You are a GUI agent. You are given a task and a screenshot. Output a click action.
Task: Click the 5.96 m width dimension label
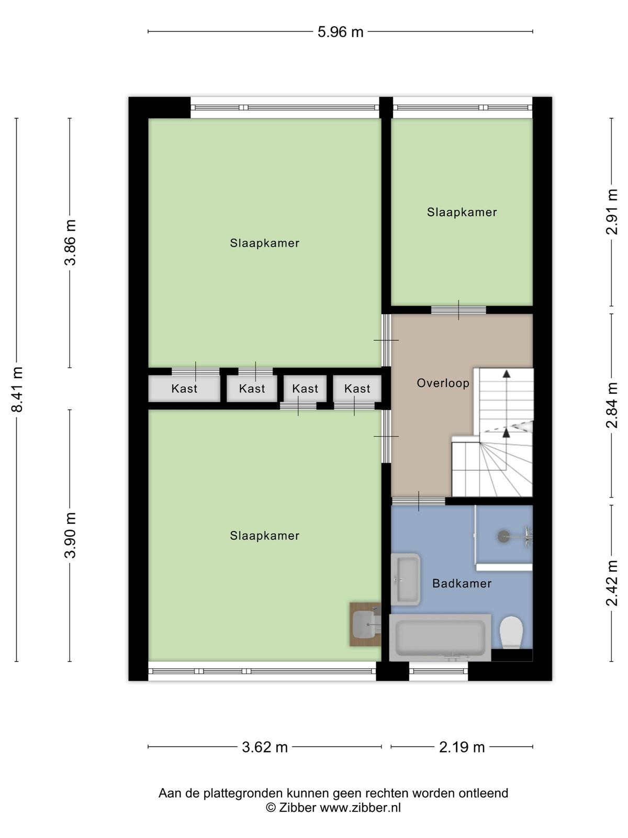(340, 32)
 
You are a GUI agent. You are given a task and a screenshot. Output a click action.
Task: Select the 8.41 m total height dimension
(17, 390)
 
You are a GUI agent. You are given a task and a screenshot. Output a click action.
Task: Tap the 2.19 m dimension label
(462, 747)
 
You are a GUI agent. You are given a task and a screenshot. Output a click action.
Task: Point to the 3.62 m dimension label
(265, 747)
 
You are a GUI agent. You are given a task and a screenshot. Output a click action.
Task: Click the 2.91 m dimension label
(612, 212)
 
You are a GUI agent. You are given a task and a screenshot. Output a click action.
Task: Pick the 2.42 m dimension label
(612, 583)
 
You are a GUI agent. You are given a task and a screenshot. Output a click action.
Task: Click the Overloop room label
(443, 383)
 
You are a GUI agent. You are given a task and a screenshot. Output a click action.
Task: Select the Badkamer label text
(462, 583)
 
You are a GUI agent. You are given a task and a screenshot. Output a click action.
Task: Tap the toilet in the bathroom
(511, 632)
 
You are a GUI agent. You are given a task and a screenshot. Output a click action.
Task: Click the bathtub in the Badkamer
(441, 637)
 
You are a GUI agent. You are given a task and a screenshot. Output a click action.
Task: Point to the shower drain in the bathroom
(503, 536)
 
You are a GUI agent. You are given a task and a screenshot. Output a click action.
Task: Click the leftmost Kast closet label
(184, 389)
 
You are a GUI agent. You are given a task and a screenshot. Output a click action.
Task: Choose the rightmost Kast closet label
(357, 389)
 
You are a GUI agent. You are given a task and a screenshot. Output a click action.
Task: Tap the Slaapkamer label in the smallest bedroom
(462, 212)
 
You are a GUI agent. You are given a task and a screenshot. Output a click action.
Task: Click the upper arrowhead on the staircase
(507, 374)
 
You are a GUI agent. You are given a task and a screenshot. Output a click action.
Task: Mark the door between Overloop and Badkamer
(419, 501)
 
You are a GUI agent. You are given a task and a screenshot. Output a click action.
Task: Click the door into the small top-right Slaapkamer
(458, 310)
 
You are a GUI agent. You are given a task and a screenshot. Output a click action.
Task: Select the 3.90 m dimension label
(70, 535)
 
